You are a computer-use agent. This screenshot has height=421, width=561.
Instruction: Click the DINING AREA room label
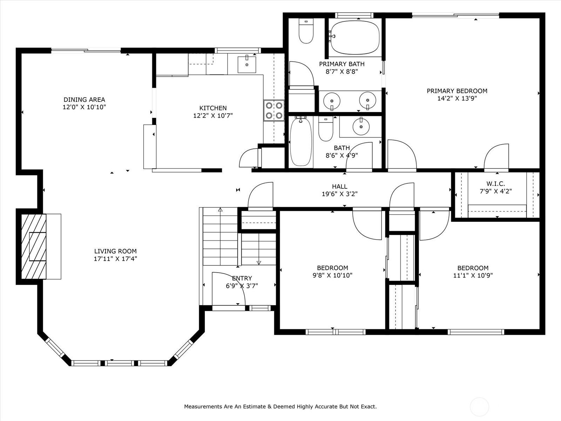[x=85, y=99]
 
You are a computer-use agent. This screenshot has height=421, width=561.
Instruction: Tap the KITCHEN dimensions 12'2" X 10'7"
[x=213, y=116]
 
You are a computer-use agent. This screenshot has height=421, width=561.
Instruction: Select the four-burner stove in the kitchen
[x=274, y=111]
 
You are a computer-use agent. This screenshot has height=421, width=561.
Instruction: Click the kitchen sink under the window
[x=247, y=65]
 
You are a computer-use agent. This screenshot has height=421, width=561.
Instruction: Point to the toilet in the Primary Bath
[x=306, y=31]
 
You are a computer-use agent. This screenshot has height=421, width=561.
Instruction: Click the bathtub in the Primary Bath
[x=355, y=38]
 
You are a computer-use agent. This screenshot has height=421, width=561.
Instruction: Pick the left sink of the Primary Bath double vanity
[x=332, y=101]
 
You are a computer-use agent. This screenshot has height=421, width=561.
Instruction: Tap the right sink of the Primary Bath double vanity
[x=367, y=101]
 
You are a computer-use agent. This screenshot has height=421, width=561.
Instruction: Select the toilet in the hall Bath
[x=326, y=128]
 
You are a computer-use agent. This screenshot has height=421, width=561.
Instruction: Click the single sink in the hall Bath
[x=361, y=126]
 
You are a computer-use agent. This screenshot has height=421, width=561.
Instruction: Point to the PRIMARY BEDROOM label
[x=457, y=91]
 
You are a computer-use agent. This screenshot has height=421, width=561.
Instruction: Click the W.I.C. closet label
[x=495, y=183]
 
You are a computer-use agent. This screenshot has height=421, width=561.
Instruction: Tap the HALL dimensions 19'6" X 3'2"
[x=340, y=194]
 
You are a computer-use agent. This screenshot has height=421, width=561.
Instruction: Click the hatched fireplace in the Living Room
[x=34, y=246]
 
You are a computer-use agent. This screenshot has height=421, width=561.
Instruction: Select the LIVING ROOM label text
[x=115, y=251]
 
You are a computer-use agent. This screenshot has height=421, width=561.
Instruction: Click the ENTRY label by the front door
[x=242, y=278]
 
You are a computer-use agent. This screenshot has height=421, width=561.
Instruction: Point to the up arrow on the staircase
[x=220, y=210]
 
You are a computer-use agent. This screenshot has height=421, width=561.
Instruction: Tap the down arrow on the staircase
[x=259, y=262]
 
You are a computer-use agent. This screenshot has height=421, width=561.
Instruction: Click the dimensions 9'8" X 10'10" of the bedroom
[x=332, y=275]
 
